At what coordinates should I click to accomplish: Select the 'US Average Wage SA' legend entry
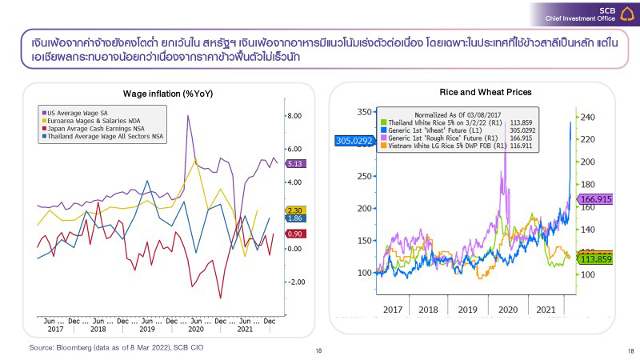[80, 113]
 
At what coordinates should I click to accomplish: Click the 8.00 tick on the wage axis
[294, 115]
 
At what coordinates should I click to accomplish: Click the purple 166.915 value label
[595, 199]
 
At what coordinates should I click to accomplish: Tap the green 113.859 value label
[595, 259]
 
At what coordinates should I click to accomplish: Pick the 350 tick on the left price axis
[364, 112]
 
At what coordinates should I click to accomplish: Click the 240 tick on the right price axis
[588, 118]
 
